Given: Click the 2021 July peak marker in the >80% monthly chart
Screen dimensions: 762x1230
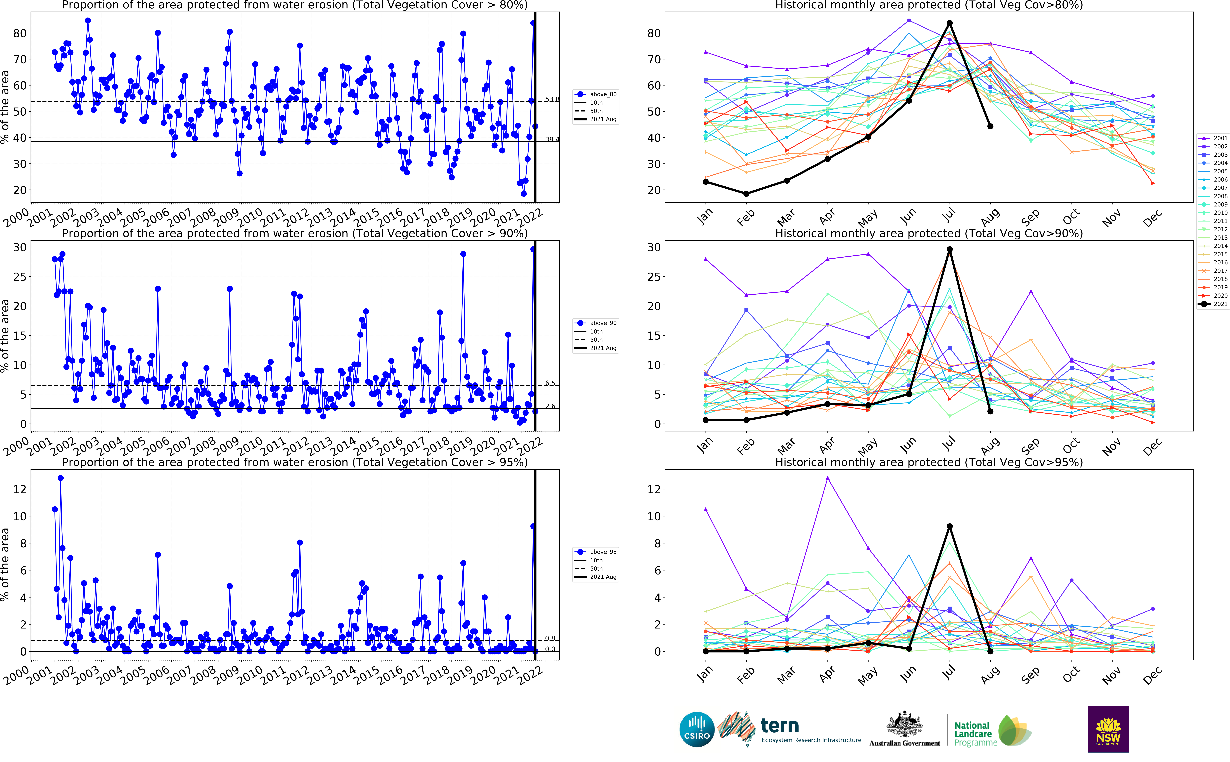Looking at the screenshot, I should click(x=949, y=23).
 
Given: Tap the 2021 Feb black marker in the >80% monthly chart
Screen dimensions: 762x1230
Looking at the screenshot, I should click(x=746, y=194).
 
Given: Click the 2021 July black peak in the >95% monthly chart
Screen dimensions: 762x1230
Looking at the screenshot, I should click(x=949, y=526).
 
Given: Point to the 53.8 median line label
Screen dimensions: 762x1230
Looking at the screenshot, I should click(x=552, y=99).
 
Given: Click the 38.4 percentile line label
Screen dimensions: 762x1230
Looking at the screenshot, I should click(x=552, y=140).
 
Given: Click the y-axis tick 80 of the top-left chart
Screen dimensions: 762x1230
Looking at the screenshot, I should click(x=20, y=33).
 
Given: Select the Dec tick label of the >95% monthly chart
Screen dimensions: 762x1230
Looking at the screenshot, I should click(x=1152, y=675).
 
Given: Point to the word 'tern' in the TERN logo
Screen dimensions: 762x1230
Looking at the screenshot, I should click(x=779, y=726).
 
